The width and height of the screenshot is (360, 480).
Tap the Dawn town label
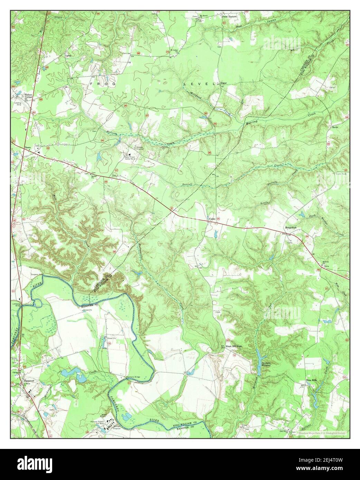(x=27, y=148)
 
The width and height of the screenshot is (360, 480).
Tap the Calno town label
(x=212, y=219)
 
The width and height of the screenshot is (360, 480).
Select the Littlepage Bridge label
(x=18, y=302)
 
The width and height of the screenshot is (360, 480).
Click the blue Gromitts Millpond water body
(x=258, y=361)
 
